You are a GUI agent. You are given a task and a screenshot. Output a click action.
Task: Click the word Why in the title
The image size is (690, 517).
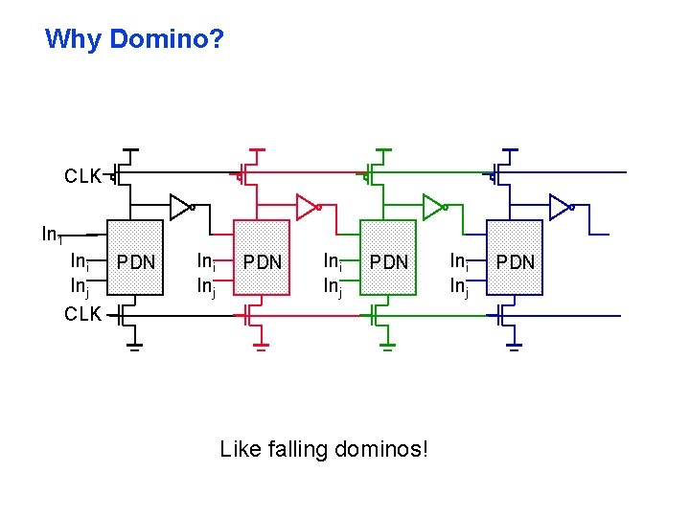pos(75,39)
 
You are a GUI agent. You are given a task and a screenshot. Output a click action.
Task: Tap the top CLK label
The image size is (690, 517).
pos(83,176)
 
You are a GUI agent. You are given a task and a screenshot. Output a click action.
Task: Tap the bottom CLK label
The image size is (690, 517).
pos(83,313)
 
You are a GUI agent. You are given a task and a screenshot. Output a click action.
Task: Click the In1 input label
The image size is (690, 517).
pos(52,234)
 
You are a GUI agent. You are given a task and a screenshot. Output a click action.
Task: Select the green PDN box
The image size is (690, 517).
pos(388,261)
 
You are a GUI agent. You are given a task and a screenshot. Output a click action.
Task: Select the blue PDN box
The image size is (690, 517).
pos(515,261)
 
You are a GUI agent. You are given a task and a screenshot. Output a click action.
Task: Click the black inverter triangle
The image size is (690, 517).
pos(179,205)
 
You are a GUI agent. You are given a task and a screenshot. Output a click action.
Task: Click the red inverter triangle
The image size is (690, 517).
pos(306,205)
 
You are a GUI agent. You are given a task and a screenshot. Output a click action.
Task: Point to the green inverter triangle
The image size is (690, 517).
pos(433,205)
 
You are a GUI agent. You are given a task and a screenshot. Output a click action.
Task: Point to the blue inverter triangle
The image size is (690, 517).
pos(560,205)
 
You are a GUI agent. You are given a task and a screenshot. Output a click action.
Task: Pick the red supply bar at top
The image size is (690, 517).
pos(256,150)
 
